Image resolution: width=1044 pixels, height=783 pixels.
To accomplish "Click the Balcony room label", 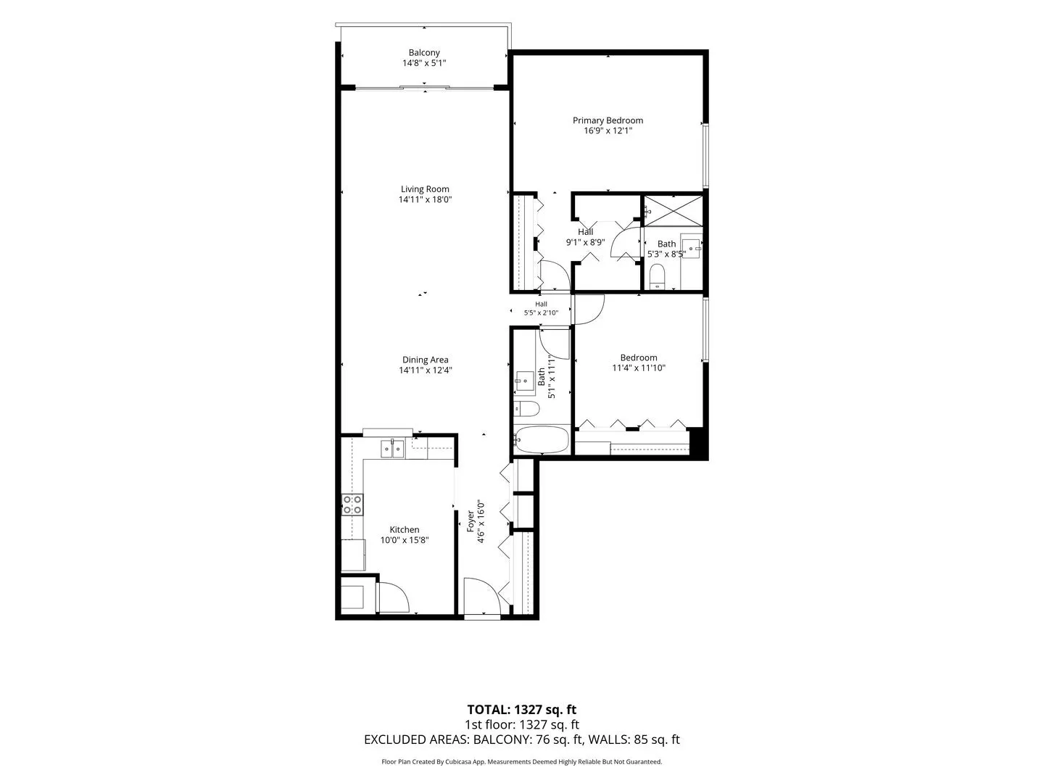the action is click(424, 53).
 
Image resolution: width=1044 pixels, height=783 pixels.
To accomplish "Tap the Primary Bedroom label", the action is click(608, 121).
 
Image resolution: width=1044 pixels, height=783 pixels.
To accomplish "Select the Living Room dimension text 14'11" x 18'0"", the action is click(425, 199).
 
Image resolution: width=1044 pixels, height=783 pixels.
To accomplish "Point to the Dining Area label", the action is click(425, 360).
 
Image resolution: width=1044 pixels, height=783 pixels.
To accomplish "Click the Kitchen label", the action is click(405, 529).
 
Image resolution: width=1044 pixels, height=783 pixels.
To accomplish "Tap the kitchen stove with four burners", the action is click(352, 505).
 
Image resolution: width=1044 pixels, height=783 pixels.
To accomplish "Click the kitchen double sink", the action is click(392, 449).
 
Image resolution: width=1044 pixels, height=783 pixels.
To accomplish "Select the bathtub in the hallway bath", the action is click(542, 439).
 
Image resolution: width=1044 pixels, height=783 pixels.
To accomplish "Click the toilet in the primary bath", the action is click(657, 276).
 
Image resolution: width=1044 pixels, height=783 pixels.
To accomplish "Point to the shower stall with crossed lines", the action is click(673, 210).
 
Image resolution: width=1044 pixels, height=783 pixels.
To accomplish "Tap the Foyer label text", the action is click(471, 521).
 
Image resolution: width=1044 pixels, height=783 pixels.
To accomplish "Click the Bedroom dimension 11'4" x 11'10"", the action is click(639, 368).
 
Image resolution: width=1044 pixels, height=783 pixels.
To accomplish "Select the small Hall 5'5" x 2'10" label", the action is click(541, 308).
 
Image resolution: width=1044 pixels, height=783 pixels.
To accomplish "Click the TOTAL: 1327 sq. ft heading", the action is click(522, 710).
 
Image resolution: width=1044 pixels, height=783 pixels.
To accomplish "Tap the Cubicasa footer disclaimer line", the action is click(522, 762).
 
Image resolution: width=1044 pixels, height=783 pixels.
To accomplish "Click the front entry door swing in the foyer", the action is click(482, 596).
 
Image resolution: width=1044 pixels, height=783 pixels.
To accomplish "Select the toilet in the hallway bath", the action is click(526, 408).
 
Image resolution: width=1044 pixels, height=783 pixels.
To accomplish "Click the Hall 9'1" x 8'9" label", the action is click(586, 237).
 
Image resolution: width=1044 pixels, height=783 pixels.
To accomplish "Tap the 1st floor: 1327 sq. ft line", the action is click(522, 724).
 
